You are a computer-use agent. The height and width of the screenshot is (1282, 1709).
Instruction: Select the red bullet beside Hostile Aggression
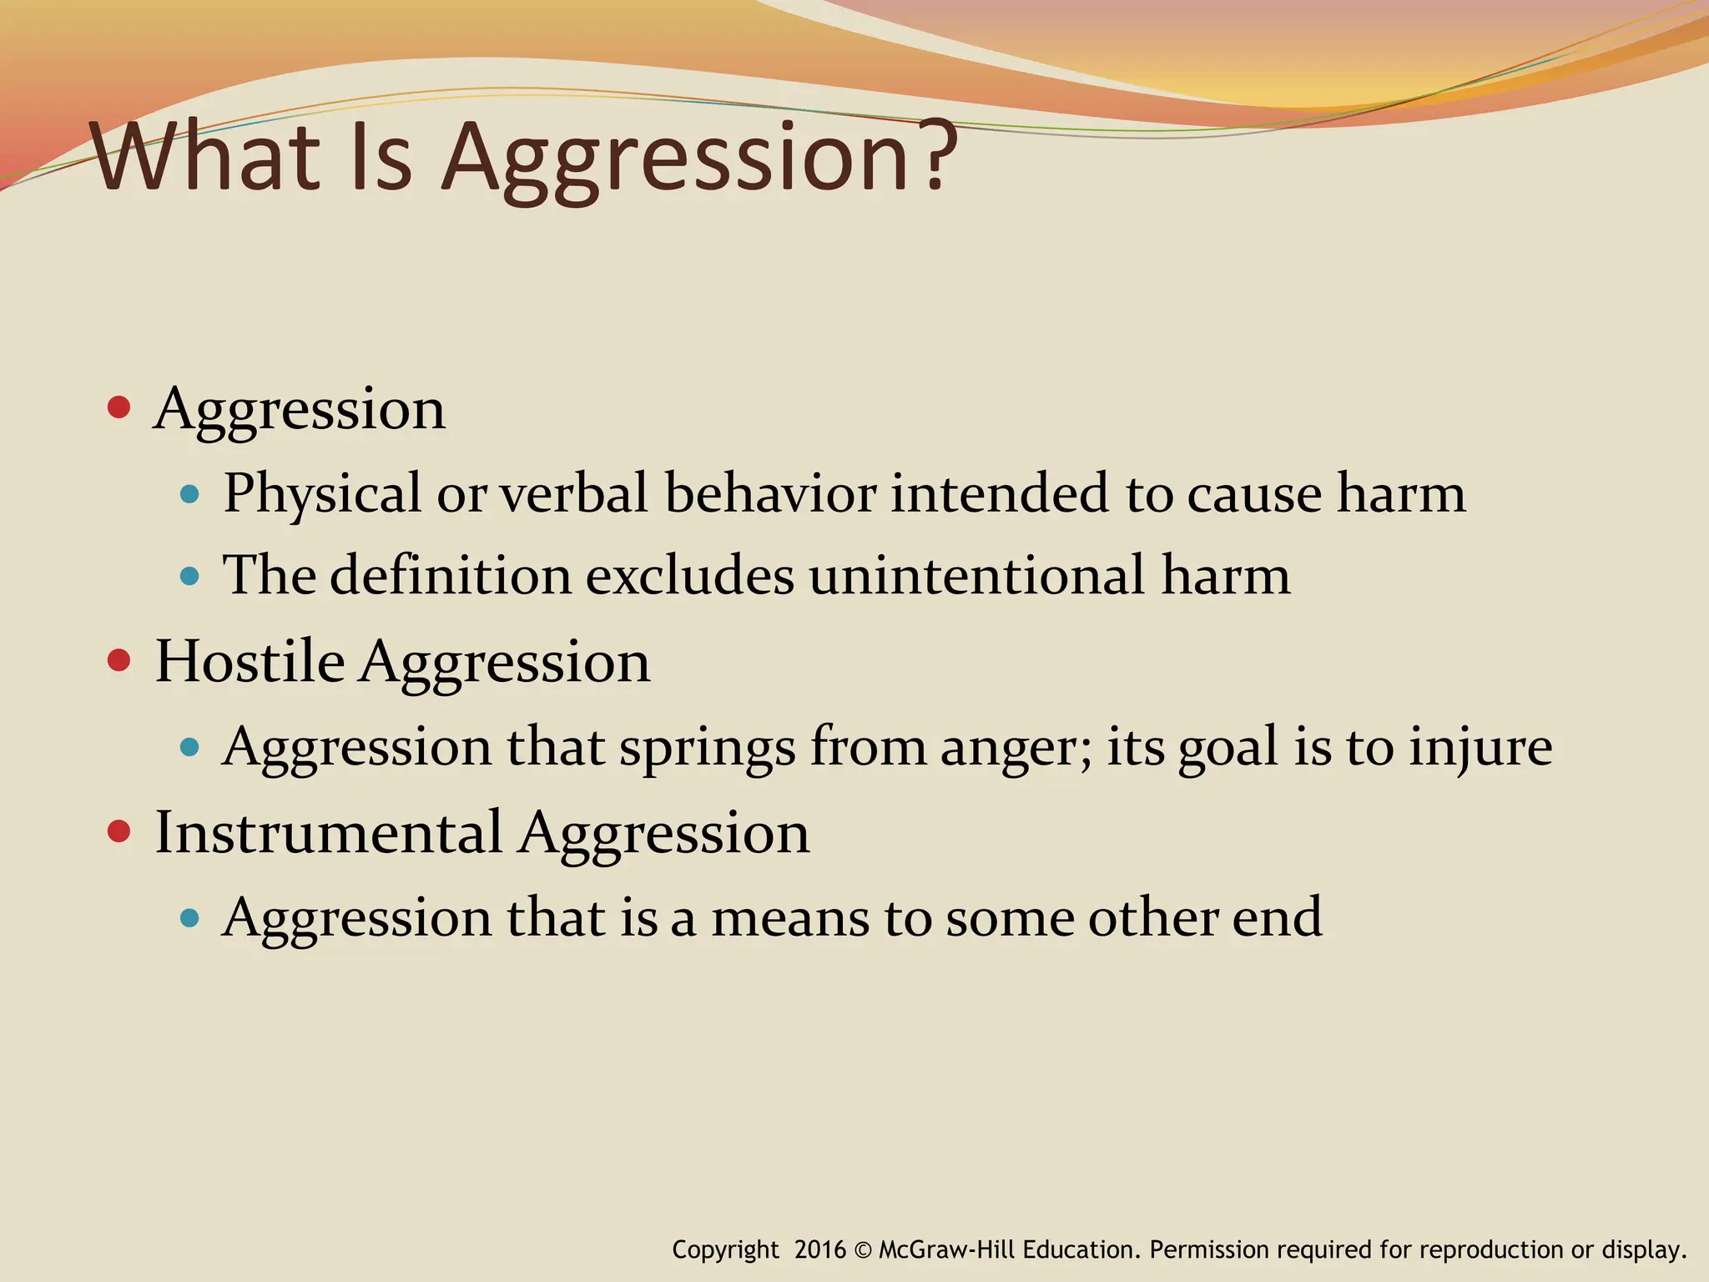click(x=119, y=660)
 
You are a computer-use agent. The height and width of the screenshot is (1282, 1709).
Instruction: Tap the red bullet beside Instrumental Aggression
click(x=119, y=831)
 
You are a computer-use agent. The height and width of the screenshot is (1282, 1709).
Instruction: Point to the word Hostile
click(x=250, y=662)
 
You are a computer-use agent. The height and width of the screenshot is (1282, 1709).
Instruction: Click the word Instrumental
click(x=329, y=833)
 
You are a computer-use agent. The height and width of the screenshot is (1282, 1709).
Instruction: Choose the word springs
click(x=707, y=749)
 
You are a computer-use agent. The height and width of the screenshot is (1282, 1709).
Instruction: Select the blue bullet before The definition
click(x=190, y=576)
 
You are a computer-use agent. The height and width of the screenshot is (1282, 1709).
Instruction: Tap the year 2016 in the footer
click(x=820, y=1249)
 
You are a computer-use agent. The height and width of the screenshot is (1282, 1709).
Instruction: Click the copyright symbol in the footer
click(x=863, y=1250)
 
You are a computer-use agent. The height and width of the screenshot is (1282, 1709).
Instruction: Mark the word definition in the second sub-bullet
click(x=451, y=576)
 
